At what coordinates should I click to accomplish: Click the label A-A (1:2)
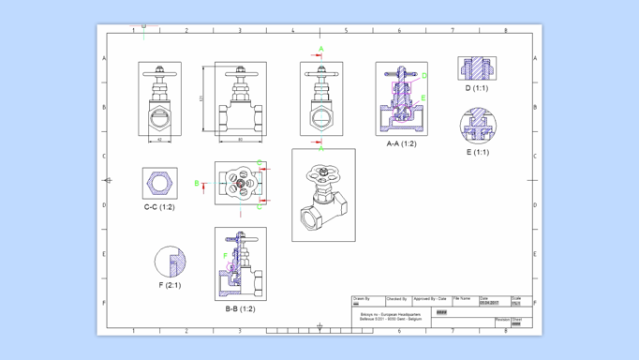[401, 143]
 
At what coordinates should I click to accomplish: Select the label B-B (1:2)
[240, 308]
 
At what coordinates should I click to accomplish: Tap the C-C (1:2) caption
[159, 207]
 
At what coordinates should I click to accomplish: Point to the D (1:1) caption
[476, 89]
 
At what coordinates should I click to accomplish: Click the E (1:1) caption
[475, 152]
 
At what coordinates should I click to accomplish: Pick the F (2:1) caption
[170, 285]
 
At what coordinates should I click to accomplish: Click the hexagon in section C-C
[159, 182]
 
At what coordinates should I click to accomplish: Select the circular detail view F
[170, 262]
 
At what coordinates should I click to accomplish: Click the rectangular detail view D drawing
[476, 67]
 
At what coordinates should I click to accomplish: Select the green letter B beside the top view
[197, 184]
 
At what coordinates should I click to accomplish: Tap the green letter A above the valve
[321, 49]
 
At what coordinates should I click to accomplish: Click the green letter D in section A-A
[424, 76]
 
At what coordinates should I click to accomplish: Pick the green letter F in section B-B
[225, 255]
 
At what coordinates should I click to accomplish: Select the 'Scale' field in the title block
[516, 299]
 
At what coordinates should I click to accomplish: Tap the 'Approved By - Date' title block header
[430, 299]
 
